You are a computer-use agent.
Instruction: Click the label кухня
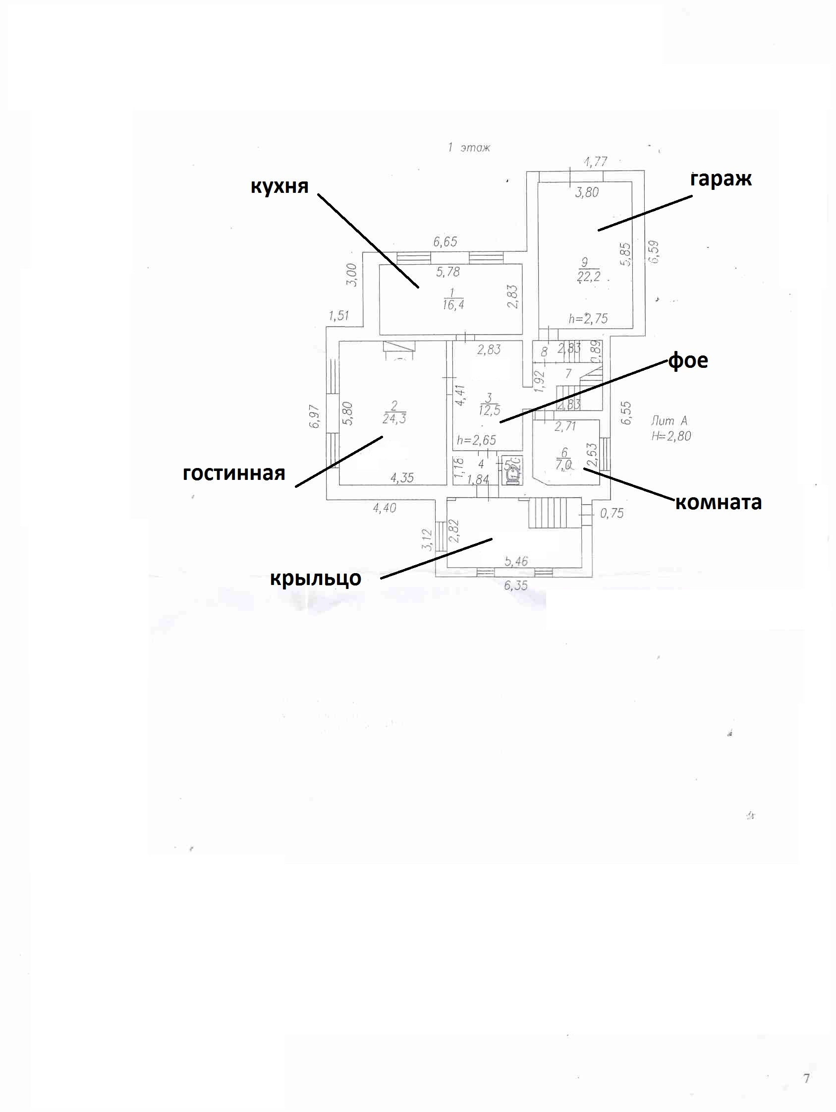[279, 186]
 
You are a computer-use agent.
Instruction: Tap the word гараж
[721, 179]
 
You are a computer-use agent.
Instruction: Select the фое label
[687, 360]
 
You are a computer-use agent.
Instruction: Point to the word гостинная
[233, 473]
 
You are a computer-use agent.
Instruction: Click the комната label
[718, 502]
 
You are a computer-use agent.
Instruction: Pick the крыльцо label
[316, 578]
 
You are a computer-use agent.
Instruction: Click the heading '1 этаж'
[469, 148]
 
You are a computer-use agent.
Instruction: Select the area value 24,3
[394, 418]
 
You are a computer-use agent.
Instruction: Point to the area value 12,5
[489, 410]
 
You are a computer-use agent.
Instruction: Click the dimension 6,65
[445, 242]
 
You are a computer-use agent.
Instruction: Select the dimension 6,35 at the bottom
[515, 585]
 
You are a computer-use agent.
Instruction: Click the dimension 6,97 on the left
[315, 416]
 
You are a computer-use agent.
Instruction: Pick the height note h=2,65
[476, 440]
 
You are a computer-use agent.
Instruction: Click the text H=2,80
[671, 436]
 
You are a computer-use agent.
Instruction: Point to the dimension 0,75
[612, 513]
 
